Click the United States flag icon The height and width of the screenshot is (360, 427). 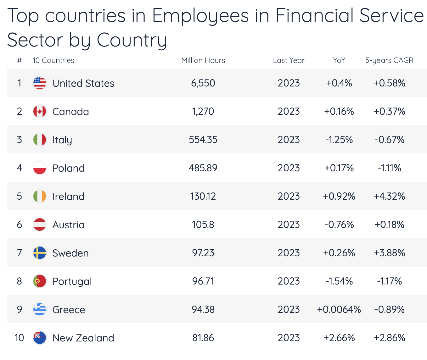[40, 83]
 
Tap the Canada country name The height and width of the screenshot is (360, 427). [70, 112]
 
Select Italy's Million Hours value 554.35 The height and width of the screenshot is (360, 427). [203, 140]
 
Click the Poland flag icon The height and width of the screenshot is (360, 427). [40, 168]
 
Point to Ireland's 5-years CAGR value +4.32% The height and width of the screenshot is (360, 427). [389, 196]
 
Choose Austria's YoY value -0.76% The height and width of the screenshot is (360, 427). [339, 224]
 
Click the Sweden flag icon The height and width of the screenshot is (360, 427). [40, 253]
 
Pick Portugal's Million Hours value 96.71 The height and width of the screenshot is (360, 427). [203, 281]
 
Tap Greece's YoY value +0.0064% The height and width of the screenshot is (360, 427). [339, 309]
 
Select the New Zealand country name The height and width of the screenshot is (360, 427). [83, 338]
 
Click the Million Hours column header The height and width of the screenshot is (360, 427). [203, 60]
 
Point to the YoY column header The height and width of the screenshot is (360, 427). [339, 60]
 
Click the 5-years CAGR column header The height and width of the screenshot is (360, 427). [389, 60]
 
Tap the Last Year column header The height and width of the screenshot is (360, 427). [289, 60]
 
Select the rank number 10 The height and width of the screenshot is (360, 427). [19, 338]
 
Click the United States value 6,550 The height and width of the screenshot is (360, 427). [203, 83]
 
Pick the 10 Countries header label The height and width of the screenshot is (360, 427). [53, 60]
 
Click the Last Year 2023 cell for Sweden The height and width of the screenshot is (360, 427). [289, 253]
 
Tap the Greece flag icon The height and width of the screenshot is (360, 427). [40, 309]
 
